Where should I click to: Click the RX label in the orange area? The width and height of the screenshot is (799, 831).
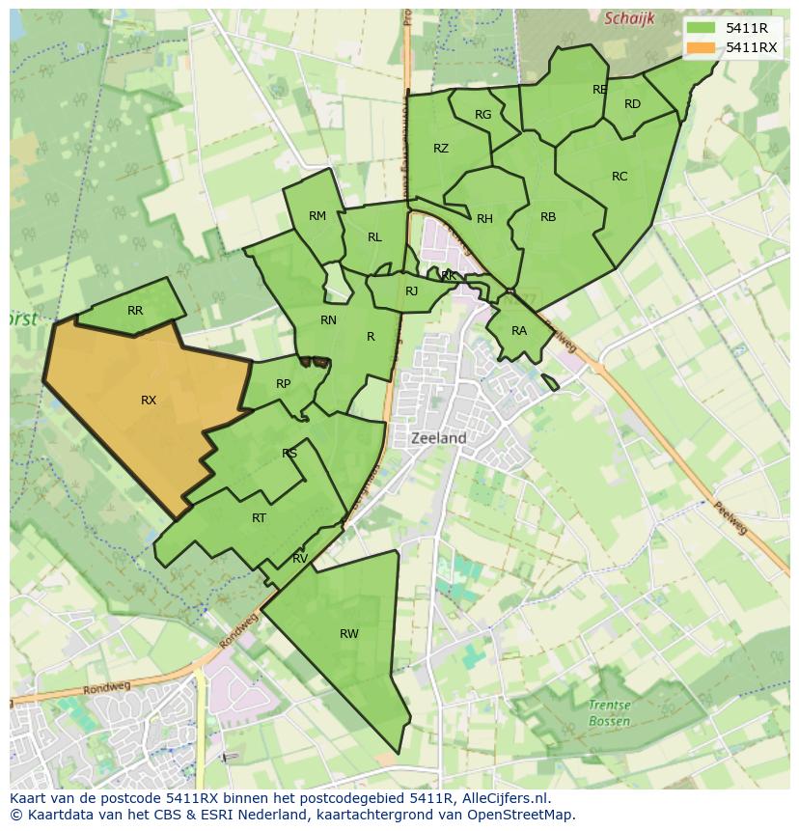149,400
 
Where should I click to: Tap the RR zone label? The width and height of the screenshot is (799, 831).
135,311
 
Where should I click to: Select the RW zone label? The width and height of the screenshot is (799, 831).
349,634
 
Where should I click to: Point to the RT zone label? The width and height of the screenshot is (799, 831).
259,518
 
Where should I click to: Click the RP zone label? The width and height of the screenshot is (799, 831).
283,384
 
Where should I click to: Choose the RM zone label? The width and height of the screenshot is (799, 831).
317,216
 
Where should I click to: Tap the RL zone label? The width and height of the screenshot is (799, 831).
374,237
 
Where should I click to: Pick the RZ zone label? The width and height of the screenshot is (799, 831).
441,149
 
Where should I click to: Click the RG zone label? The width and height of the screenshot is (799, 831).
483,115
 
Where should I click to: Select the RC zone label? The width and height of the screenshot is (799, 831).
620,177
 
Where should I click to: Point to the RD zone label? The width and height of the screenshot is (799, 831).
632,104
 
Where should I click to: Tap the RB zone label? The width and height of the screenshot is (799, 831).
548,217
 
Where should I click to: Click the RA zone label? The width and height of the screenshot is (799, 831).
519,331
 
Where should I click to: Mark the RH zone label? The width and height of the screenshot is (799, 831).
484,219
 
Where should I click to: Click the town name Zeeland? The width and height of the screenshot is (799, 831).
439,437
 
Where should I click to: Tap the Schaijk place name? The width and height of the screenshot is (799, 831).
629,18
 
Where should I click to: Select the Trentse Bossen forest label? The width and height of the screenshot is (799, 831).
609,713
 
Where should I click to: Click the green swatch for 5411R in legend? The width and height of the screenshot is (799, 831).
702,28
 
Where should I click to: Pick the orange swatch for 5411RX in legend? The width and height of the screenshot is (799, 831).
702,47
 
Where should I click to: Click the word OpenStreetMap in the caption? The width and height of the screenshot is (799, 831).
527,814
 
